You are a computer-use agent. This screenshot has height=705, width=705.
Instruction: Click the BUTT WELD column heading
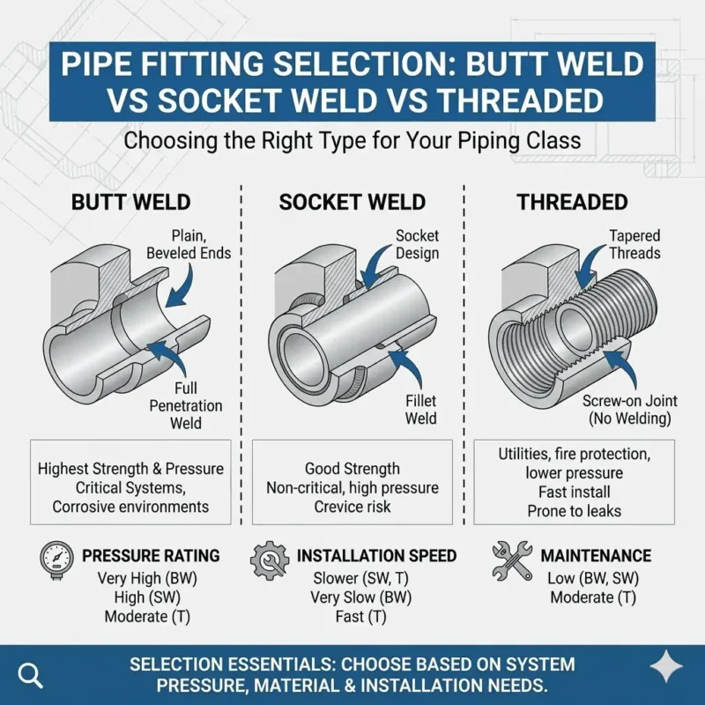[x=130, y=202]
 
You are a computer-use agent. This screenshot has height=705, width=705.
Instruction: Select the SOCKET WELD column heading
[x=352, y=202]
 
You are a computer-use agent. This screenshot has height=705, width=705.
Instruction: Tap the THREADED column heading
[x=572, y=202]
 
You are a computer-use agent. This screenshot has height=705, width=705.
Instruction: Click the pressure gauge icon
[x=57, y=559]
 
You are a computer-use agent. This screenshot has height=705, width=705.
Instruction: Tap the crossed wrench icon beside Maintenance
[x=511, y=559]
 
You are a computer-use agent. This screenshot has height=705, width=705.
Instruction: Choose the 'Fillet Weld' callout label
[x=421, y=409]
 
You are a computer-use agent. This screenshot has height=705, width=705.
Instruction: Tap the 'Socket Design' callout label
[x=417, y=245]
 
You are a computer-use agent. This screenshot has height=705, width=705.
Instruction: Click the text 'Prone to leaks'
[x=574, y=510]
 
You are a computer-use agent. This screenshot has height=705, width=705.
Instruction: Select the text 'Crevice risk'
[x=352, y=507]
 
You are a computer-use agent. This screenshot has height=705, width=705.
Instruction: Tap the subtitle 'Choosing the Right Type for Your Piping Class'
[x=352, y=140]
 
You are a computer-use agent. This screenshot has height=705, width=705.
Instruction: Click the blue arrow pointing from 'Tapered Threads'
[x=610, y=270]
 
